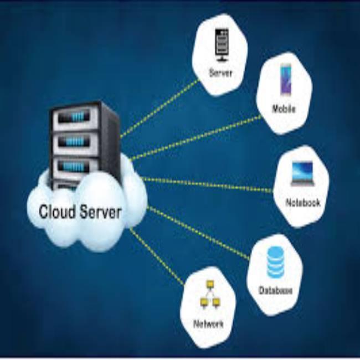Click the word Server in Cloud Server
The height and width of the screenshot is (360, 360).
(100, 212)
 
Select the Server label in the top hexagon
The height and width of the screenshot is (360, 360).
(220, 73)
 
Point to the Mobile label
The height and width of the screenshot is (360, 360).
(284, 109)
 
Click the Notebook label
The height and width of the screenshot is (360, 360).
(302, 203)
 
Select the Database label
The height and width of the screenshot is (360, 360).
(275, 290)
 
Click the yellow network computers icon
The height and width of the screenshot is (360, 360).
(209, 294)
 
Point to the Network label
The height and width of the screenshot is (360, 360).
(208, 323)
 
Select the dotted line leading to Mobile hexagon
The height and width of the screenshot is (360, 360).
(194, 138)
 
